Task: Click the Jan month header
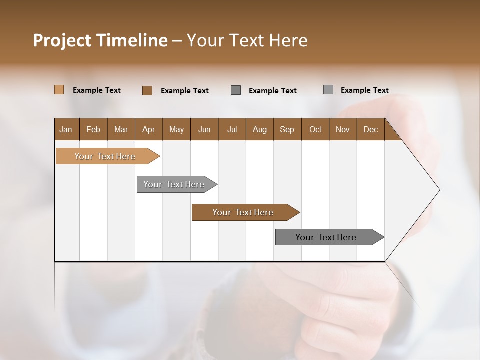point(66,129)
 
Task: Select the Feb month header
point(93,129)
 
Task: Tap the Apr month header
point(148,129)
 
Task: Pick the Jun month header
point(204,129)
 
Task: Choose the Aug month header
point(259,129)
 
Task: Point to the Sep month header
point(287,129)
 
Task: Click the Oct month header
point(315,129)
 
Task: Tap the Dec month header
point(370,129)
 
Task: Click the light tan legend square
point(59,90)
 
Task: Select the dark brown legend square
point(147,90)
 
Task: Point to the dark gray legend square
point(236,90)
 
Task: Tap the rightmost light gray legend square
point(328,90)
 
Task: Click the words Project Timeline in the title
point(100,40)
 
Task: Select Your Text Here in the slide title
point(247,40)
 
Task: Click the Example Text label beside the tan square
point(97,90)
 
